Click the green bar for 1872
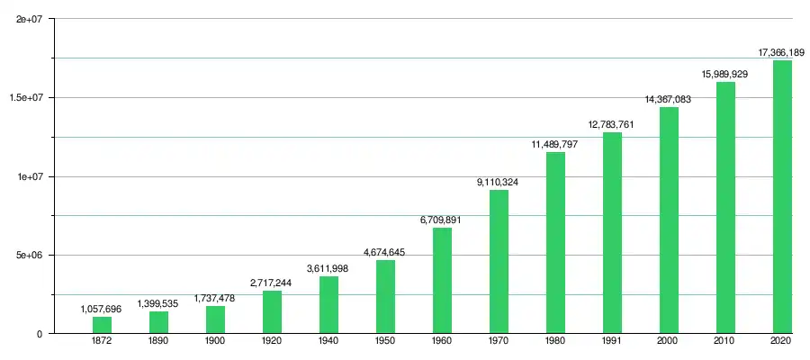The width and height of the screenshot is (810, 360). tap(102, 325)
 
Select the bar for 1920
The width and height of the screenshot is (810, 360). tap(272, 311)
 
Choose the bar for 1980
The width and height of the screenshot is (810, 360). tap(555, 242)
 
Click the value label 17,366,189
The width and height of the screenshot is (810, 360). tap(781, 53)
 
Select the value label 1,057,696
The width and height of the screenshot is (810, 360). tap(102, 310)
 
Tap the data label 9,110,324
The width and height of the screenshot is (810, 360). tap(498, 183)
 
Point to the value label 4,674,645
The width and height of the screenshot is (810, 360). tap(384, 252)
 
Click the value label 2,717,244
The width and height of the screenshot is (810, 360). tap(271, 283)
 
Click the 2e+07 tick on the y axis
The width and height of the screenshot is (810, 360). tap(31, 19)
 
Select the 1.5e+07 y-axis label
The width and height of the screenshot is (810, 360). tap(27, 97)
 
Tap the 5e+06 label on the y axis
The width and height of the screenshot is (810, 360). tap(31, 255)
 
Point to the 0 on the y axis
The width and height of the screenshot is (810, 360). tap(40, 334)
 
